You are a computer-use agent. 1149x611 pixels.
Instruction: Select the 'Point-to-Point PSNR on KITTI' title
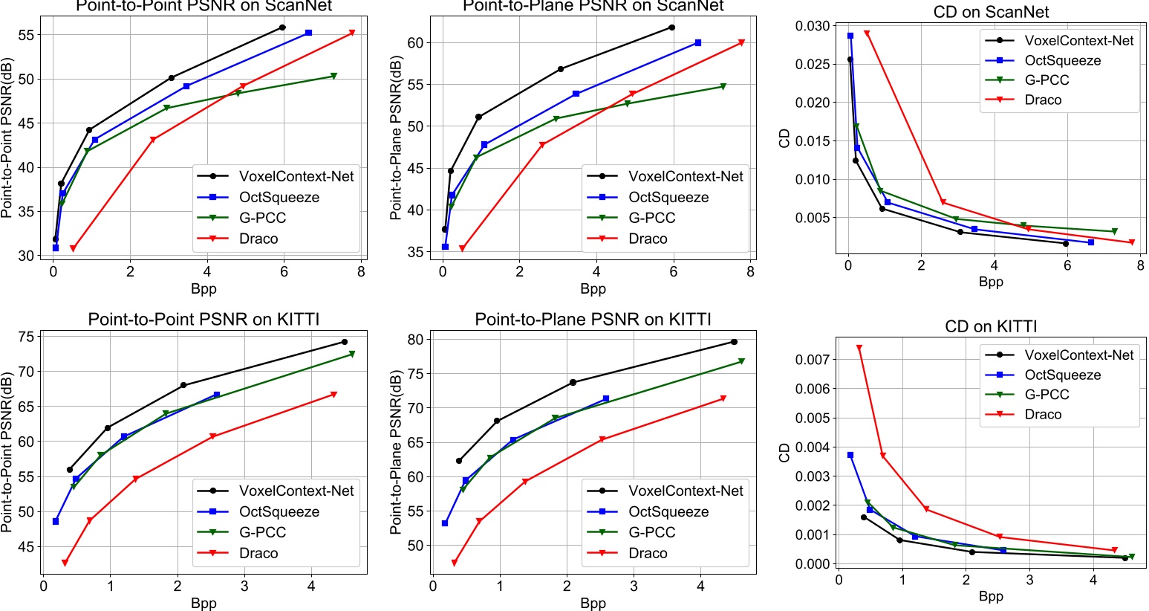tap(204, 320)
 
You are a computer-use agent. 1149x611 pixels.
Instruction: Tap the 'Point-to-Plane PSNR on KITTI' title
tap(593, 320)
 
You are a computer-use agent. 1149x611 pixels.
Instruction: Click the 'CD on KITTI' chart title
tap(991, 326)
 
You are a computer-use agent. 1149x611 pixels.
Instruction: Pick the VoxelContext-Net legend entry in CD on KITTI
tap(1078, 355)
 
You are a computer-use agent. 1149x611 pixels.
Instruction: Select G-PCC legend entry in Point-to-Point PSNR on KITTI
tap(262, 532)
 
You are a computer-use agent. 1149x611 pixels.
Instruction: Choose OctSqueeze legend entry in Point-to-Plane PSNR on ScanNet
tap(668, 197)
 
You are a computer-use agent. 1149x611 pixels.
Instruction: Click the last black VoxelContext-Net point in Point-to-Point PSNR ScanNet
tap(282, 28)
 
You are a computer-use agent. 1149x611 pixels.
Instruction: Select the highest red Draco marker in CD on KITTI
tap(859, 348)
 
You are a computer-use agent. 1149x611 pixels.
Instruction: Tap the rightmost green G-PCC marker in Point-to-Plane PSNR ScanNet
tap(723, 87)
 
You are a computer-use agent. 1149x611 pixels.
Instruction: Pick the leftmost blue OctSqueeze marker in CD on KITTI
tap(850, 455)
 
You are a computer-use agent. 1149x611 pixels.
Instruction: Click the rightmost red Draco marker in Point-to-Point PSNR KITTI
tap(333, 395)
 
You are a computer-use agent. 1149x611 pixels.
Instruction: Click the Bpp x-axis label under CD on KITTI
tap(991, 596)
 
